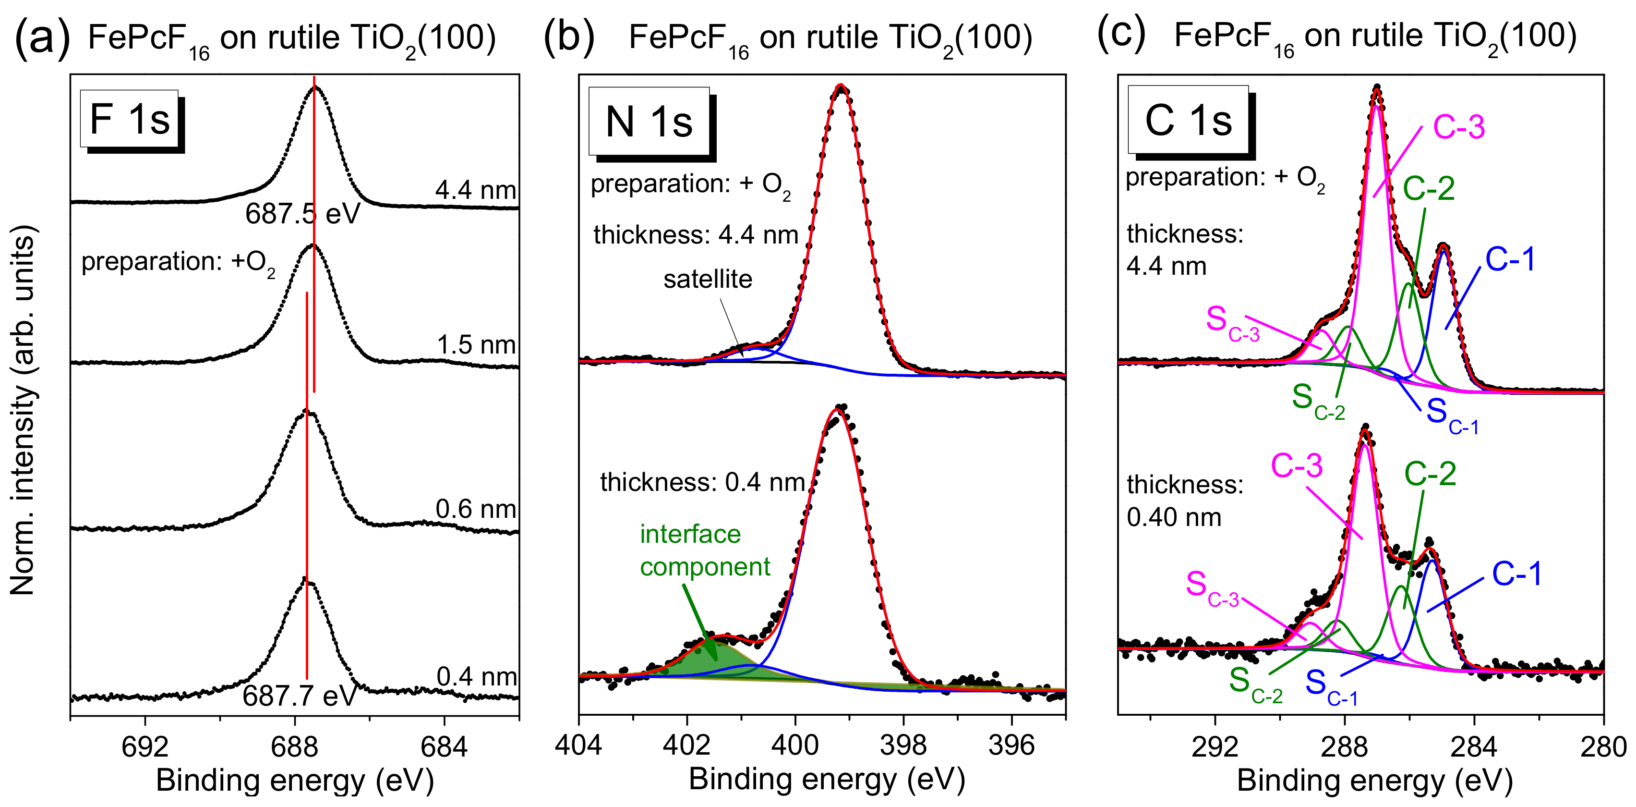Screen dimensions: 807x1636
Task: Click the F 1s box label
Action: coord(130,120)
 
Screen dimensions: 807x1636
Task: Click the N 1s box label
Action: coord(649,122)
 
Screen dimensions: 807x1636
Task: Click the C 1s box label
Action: coord(1188,120)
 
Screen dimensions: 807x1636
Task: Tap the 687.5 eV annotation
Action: coord(302,214)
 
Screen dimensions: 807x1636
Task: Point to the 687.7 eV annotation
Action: coord(299,697)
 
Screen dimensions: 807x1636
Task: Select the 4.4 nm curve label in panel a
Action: coord(475,190)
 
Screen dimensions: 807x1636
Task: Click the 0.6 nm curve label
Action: coord(475,509)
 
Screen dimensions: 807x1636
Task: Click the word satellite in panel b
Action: coord(708,280)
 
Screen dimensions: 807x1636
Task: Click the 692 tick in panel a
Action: coord(145,747)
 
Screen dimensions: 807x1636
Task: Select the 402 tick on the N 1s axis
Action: coord(686,745)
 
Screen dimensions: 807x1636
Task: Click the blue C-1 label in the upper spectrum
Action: coord(1510,259)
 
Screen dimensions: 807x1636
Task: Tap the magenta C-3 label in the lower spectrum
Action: coord(1296,466)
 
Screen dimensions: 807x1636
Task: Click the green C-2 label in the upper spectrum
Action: coord(1428,189)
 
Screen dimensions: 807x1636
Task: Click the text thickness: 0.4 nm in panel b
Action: coord(702,483)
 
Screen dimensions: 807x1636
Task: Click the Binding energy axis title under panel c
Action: coord(1374,780)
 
